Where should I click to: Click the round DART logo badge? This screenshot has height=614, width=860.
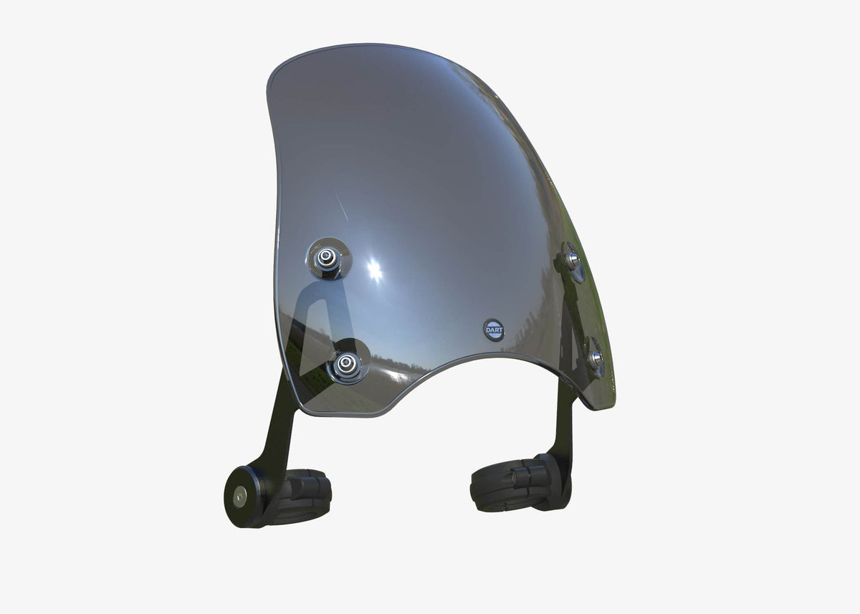494,330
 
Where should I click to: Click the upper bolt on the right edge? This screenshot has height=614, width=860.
573,261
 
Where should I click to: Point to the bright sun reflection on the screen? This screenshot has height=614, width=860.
374,271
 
